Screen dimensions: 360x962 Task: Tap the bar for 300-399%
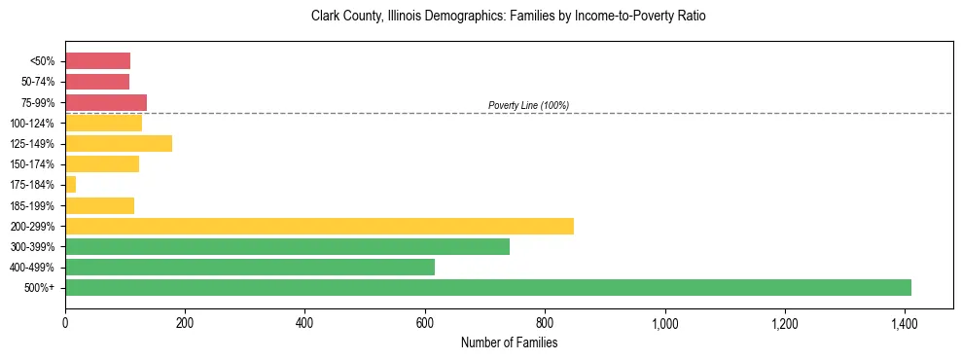287,246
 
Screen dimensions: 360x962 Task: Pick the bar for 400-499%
250,267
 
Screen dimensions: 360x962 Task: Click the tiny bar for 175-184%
70,184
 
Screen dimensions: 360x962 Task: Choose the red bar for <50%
97,61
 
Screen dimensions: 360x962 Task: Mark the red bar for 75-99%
106,102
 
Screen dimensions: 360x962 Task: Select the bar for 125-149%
119,143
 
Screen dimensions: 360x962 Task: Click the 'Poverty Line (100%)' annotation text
528,105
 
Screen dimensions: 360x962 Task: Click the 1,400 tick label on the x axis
905,322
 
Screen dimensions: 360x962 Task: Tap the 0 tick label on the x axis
65,322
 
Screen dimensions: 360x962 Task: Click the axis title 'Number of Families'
509,342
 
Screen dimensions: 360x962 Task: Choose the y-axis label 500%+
42,287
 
